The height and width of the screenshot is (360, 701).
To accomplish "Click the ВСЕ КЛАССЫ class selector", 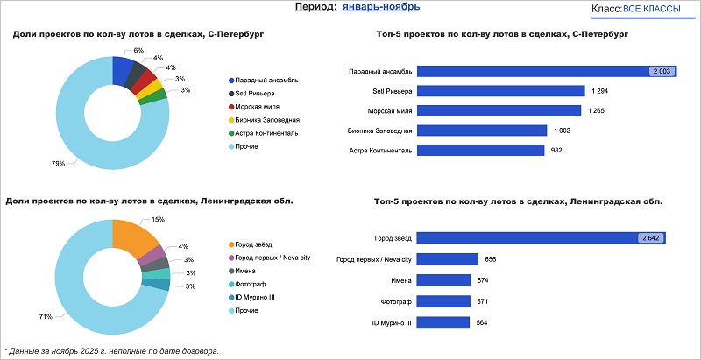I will tap(652, 8).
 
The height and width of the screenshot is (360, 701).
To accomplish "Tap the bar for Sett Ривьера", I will tap(500, 90).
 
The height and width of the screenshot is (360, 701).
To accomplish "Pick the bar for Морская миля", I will tap(499, 110).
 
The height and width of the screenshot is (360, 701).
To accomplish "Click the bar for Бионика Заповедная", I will tap(481, 131).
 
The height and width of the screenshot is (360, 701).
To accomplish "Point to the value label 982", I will tap(555, 151).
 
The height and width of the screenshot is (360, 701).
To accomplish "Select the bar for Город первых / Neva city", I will tap(448, 259).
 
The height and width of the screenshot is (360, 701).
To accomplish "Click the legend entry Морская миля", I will tap(258, 106).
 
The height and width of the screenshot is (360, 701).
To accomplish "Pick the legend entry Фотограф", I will tap(251, 284).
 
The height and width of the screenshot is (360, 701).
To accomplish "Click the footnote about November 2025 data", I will tap(111, 351).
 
